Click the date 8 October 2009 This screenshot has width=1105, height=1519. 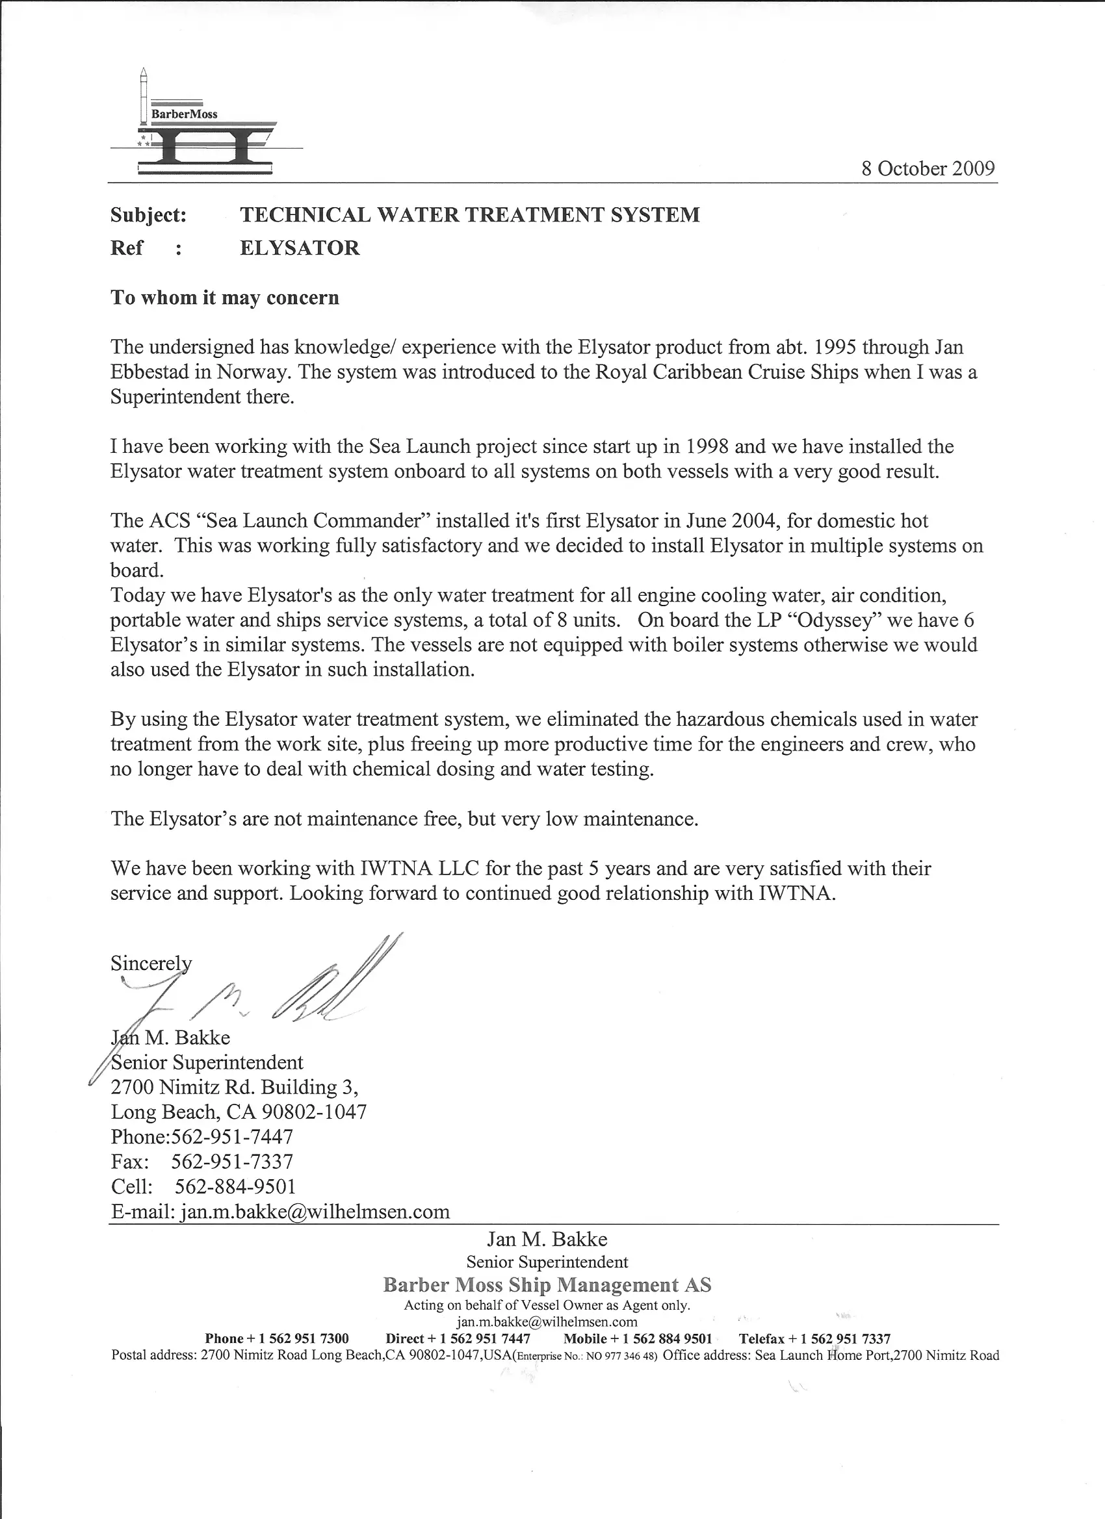[928, 168]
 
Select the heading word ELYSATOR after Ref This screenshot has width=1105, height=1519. [300, 248]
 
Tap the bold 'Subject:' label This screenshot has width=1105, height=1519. [148, 215]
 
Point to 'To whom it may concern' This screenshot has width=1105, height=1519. [224, 298]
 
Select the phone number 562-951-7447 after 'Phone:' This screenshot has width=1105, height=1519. [232, 1136]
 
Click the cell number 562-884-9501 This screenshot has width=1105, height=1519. [235, 1186]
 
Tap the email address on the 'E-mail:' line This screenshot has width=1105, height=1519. [315, 1211]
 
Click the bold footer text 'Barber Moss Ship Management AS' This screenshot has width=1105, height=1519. [547, 1284]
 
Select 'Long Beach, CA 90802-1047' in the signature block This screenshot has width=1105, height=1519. [239, 1112]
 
